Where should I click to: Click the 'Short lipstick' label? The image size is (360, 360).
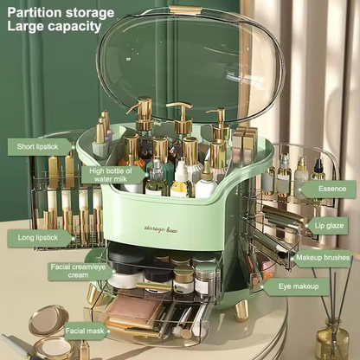click(x=40, y=147)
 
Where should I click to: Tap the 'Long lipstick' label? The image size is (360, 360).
click(x=39, y=236)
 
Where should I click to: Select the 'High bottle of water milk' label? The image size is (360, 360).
click(x=112, y=176)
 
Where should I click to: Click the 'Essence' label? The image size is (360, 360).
click(x=331, y=187)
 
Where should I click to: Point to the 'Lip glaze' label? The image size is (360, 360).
click(x=329, y=225)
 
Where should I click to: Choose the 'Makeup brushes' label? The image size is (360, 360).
click(x=322, y=256)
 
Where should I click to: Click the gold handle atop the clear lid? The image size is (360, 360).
click(x=186, y=10)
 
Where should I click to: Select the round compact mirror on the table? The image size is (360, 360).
click(x=49, y=323)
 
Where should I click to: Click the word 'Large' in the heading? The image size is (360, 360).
click(x=25, y=27)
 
